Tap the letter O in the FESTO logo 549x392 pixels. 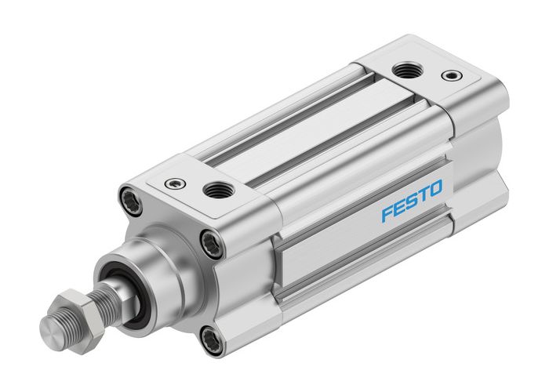[435, 189]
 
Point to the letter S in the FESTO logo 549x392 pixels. [412, 201]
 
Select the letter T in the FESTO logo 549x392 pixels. [424, 194]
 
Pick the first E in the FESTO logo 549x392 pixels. [399, 207]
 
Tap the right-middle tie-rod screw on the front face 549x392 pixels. [210, 245]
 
